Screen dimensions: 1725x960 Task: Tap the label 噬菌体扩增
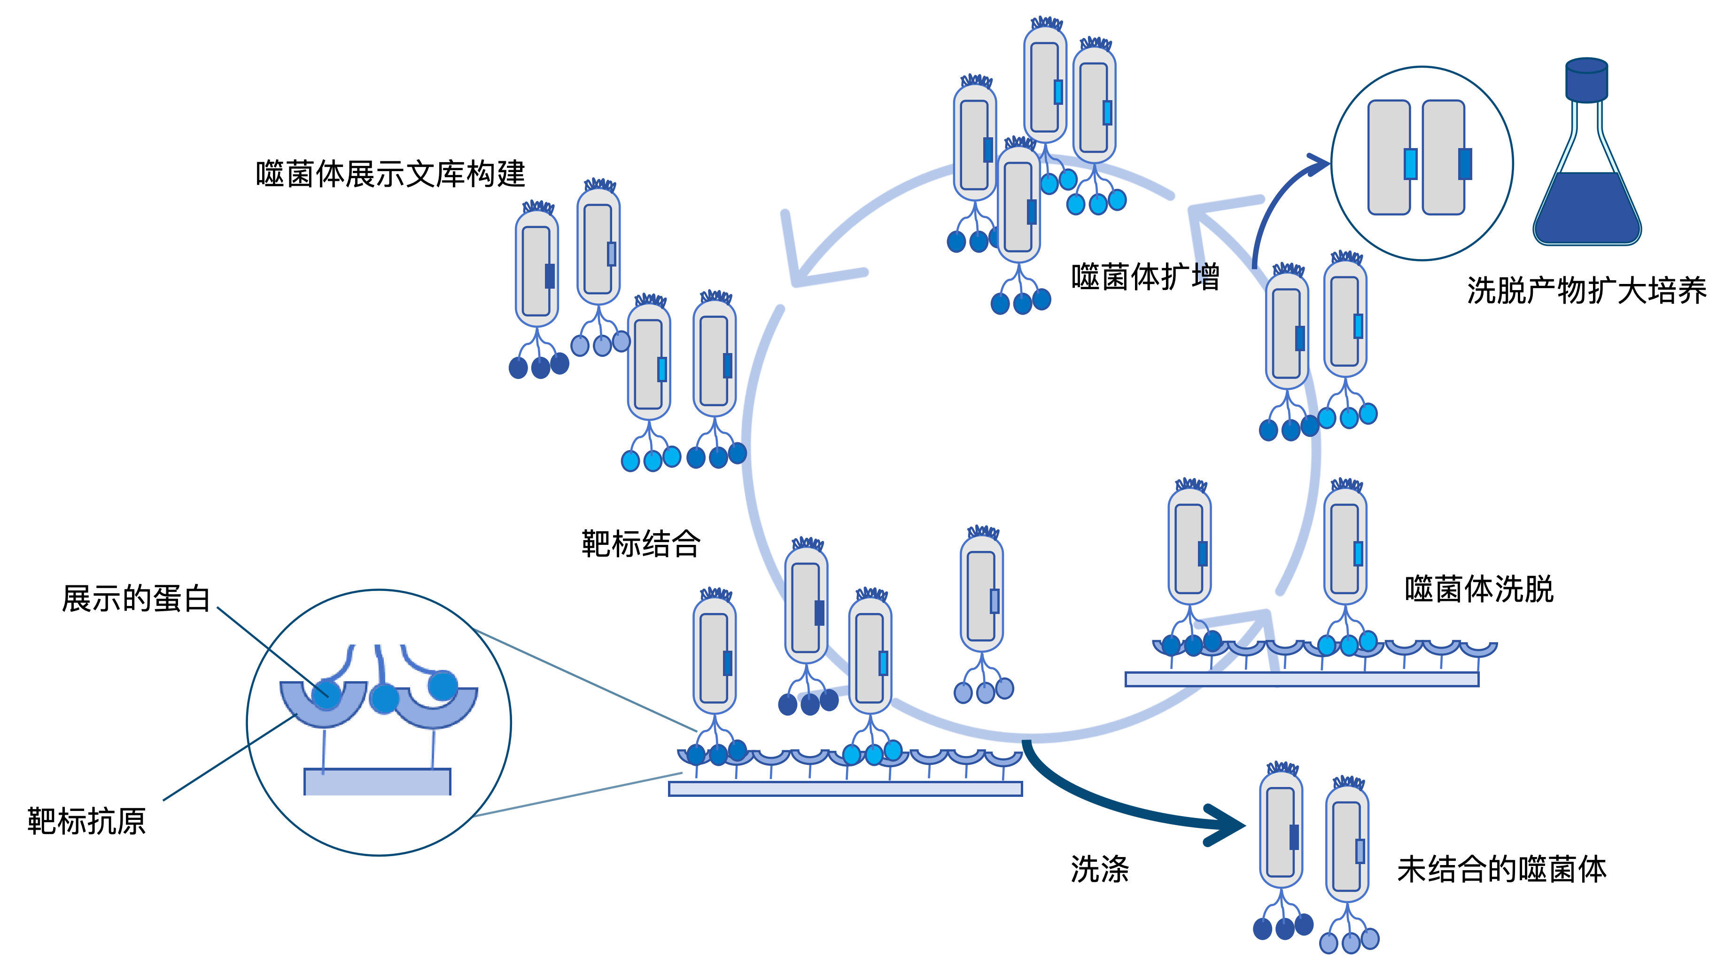pyautogui.click(x=1145, y=277)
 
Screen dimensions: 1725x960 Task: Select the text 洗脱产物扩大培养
pyautogui.click(x=1586, y=291)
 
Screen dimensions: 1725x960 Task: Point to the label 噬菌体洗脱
pyautogui.click(x=1478, y=590)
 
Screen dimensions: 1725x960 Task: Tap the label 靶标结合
pyautogui.click(x=641, y=543)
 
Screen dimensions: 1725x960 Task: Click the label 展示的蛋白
pyautogui.click(x=136, y=598)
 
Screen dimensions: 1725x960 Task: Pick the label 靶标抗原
pyautogui.click(x=86, y=821)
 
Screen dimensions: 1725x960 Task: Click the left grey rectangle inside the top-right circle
pyautogui.click(x=1389, y=157)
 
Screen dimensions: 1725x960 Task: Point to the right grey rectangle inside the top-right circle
pyautogui.click(x=1443, y=157)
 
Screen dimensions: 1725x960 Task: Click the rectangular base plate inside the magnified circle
pyautogui.click(x=378, y=782)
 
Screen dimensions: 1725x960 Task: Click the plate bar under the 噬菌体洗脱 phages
pyautogui.click(x=1302, y=679)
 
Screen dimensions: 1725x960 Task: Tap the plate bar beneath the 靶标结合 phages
pyautogui.click(x=845, y=788)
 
